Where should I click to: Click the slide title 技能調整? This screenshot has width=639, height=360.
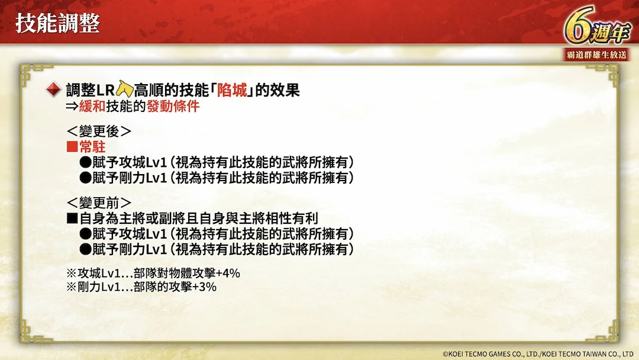[x=57, y=23]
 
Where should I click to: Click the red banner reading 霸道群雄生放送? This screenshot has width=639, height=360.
[x=596, y=54]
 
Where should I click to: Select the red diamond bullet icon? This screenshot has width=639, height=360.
[x=53, y=89]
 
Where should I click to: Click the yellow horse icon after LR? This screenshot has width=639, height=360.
[x=125, y=89]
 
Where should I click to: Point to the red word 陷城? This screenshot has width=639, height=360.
[x=231, y=90]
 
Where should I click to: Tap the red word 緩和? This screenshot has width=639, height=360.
[x=92, y=107]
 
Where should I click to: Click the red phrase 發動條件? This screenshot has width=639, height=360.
[x=173, y=107]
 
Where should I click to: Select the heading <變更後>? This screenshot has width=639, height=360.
[x=99, y=131]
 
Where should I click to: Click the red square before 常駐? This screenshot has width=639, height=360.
[x=72, y=147]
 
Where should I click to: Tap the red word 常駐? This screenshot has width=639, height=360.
[x=92, y=147]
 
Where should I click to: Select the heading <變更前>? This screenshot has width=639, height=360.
[x=99, y=202]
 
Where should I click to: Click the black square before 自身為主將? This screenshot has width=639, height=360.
[x=72, y=218]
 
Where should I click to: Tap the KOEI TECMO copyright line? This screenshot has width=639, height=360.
[x=538, y=354]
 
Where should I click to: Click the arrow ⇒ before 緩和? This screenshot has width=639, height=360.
[x=72, y=107]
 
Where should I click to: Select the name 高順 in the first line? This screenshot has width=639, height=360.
[x=149, y=90]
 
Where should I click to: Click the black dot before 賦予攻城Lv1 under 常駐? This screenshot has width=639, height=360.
[x=85, y=163]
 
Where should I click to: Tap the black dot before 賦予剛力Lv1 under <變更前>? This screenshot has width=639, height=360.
[x=85, y=249]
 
